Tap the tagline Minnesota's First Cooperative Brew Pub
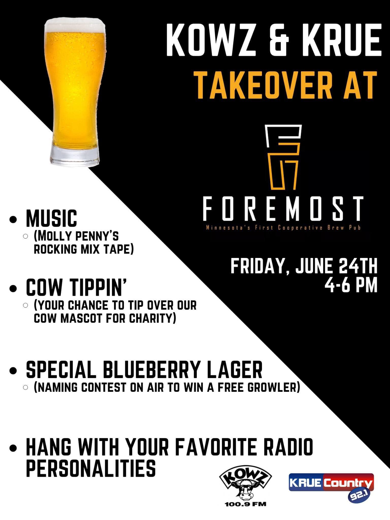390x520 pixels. pyautogui.click(x=283, y=228)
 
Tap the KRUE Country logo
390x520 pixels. pyautogui.click(x=331, y=483)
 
